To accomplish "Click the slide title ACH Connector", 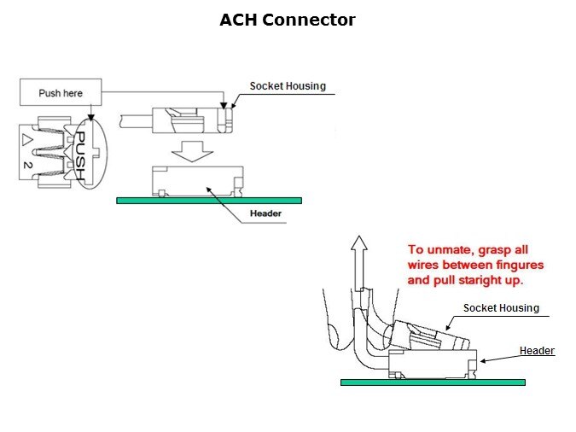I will pos(287,20).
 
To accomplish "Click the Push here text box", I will pos(61,92).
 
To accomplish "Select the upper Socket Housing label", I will pos(287,86).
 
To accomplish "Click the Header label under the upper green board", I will pos(266,213).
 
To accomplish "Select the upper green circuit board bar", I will pos(209,201).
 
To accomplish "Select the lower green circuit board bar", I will pos(432,382).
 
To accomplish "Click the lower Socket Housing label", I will pos(501,308).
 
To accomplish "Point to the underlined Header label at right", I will pos(537,351).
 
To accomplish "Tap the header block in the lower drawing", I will pos(430,365).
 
